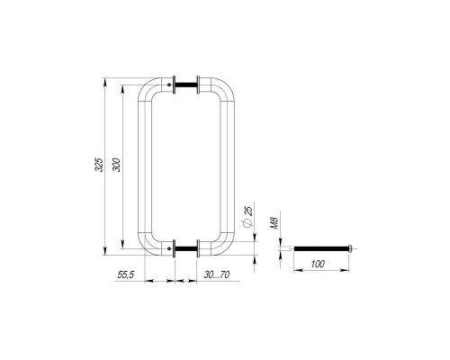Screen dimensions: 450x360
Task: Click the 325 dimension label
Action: [99, 165]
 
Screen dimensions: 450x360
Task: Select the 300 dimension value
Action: [116, 165]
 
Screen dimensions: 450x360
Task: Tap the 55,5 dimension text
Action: [126, 274]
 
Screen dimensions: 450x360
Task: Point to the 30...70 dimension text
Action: [217, 274]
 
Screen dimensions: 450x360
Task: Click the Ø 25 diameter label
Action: [248, 215]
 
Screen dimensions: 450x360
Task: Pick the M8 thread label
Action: [274, 223]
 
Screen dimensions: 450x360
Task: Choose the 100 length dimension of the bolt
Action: [318, 264]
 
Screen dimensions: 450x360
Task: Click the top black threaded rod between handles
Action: [186, 85]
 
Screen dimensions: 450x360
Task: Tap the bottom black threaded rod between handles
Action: [186, 248]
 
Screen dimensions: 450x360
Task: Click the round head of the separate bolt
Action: [350, 248]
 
